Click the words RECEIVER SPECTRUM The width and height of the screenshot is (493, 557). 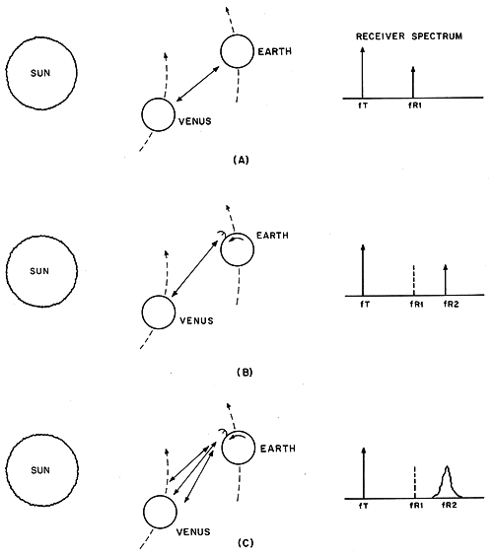pos(409,36)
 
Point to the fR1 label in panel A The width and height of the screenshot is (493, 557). pos(415,105)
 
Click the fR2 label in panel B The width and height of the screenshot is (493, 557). pos(451,305)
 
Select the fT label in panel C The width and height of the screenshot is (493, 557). pos(364,506)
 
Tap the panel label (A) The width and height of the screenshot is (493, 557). pos(242,161)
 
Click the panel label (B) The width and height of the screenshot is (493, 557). pos(245,373)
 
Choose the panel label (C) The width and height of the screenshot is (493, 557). pos(246,543)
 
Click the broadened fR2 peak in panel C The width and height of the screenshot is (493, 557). pos(447,483)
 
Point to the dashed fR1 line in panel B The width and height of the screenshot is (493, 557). pos(414,280)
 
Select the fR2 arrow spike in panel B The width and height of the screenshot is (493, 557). pos(446,280)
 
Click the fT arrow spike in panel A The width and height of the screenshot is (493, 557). pos(362,73)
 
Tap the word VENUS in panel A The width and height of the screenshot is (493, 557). pos(194,121)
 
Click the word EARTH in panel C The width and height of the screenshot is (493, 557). pos(278,449)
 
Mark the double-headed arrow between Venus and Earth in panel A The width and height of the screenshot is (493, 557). pos(197,84)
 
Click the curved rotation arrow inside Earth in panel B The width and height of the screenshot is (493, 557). pos(236,241)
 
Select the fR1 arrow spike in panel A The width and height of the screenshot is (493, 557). pos(413,82)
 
